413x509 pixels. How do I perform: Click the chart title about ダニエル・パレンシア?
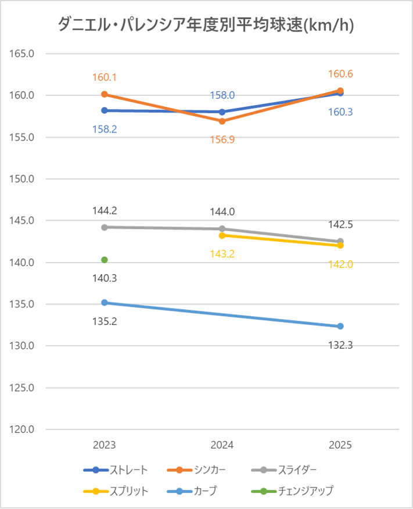(206, 25)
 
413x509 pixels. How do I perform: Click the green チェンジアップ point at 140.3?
(105, 260)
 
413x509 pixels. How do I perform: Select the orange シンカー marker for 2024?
(222, 121)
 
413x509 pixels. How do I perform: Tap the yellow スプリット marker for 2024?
(222, 235)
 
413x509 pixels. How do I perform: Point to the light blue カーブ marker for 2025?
(340, 326)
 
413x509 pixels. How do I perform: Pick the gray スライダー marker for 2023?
(105, 227)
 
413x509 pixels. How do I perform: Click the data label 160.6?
(340, 74)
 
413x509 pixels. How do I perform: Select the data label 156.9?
(222, 139)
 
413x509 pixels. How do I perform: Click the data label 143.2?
(222, 254)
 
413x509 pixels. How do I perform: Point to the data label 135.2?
(105, 321)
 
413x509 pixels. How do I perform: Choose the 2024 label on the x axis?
(222, 445)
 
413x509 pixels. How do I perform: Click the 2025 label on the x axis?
(340, 445)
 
